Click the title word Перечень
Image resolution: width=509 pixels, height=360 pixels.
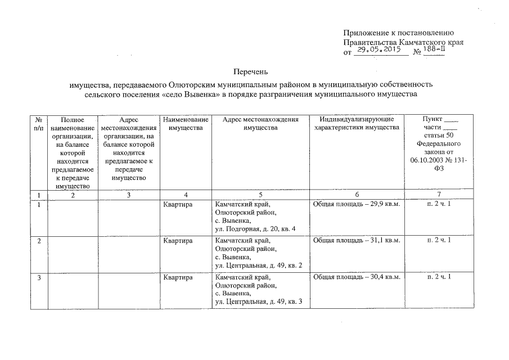pos(251,72)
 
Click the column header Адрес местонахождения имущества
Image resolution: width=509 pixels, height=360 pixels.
pos(260,124)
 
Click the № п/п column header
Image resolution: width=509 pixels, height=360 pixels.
pos(38,124)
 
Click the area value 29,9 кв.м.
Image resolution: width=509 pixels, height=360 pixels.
pos(382,203)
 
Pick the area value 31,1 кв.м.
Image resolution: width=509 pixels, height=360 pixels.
pos(382,241)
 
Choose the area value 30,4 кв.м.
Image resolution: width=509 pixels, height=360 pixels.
pos(382,278)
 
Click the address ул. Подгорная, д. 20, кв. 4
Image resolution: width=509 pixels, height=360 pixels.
pos(255,229)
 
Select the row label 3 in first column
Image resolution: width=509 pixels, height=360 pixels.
pos(39,278)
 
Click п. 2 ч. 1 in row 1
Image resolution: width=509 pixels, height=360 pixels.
pos(439,203)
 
